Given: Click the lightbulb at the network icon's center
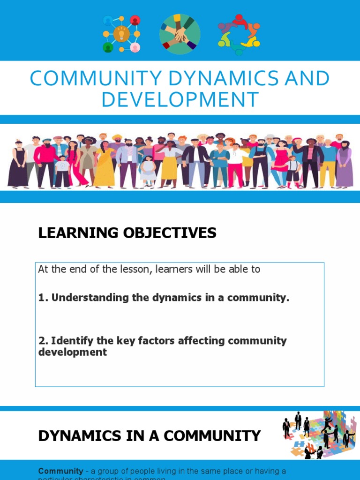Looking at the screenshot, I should (121, 33).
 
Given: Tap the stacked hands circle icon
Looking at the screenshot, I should (180, 34).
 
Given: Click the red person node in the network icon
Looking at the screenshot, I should (135, 20).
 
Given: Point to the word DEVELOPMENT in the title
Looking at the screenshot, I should (180, 100).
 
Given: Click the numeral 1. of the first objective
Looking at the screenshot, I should (43, 298).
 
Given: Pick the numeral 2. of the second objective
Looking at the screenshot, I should (43, 341).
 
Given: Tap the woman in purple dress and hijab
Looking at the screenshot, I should (344, 164).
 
